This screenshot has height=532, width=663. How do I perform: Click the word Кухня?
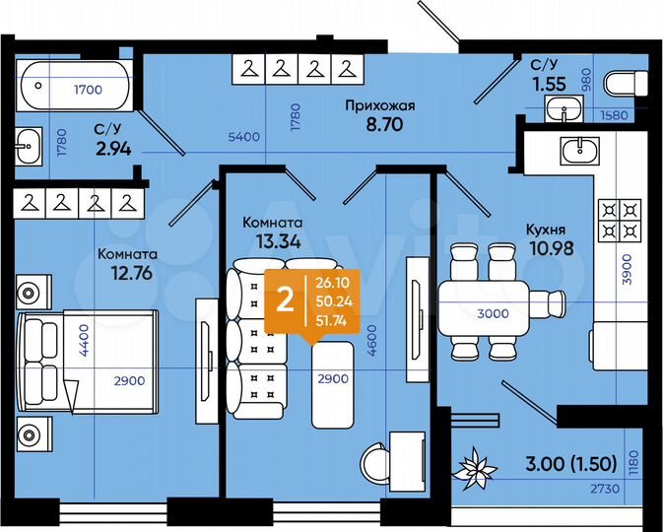tap(547, 230)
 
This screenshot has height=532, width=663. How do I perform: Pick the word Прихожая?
tap(378, 105)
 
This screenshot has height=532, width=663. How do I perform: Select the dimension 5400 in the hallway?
tap(244, 137)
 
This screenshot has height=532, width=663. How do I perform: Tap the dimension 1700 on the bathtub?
tap(88, 90)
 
